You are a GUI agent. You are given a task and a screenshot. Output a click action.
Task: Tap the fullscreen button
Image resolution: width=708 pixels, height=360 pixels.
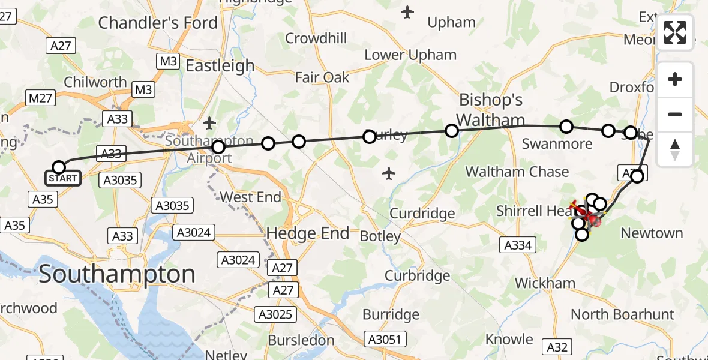pos(675,32)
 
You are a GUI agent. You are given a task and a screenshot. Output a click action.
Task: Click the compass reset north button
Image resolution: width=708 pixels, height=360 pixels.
pos(675,149)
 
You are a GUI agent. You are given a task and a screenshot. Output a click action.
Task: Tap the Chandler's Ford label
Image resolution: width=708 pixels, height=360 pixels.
pos(158,23)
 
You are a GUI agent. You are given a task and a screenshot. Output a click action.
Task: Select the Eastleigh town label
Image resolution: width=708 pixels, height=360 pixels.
pos(220,65)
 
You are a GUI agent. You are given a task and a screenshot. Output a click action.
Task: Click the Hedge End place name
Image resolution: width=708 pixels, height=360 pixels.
pos(307,233)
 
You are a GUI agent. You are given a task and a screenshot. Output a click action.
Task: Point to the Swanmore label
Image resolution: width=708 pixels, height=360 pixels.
pos(557,144)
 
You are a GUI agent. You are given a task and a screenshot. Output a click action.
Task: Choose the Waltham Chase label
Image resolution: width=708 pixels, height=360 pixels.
pos(517,172)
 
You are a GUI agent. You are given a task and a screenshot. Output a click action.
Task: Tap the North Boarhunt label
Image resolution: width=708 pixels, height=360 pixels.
pos(622,314)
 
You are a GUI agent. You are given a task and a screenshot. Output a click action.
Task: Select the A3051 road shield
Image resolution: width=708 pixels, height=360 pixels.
pos(384,340)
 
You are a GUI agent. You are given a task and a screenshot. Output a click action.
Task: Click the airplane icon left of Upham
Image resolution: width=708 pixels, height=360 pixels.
pos(408,11)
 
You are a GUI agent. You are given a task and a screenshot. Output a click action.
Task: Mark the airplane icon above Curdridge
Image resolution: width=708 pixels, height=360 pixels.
pos(389,174)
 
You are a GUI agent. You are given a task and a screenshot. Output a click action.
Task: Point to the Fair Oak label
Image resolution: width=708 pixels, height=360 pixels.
pos(322,77)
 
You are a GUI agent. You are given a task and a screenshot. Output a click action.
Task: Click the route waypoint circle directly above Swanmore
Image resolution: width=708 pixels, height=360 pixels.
pos(566,127)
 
